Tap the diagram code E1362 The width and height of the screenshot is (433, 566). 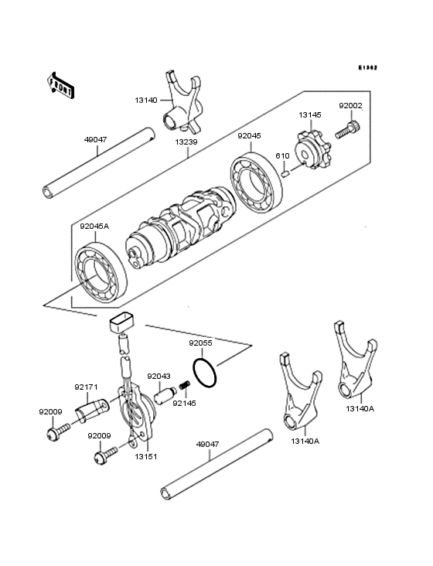pyautogui.click(x=367, y=68)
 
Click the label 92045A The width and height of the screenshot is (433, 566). pyautogui.click(x=94, y=227)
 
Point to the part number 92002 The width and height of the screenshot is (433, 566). pyautogui.click(x=349, y=107)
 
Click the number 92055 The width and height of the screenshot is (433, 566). pyautogui.click(x=201, y=341)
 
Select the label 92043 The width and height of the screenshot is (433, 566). pyautogui.click(x=159, y=377)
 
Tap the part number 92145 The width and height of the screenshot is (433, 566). pyautogui.click(x=184, y=403)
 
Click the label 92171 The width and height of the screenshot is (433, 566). pyautogui.click(x=86, y=387)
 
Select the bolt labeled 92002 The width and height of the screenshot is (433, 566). pyautogui.click(x=347, y=128)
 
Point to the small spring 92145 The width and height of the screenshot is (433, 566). pyautogui.click(x=184, y=386)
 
